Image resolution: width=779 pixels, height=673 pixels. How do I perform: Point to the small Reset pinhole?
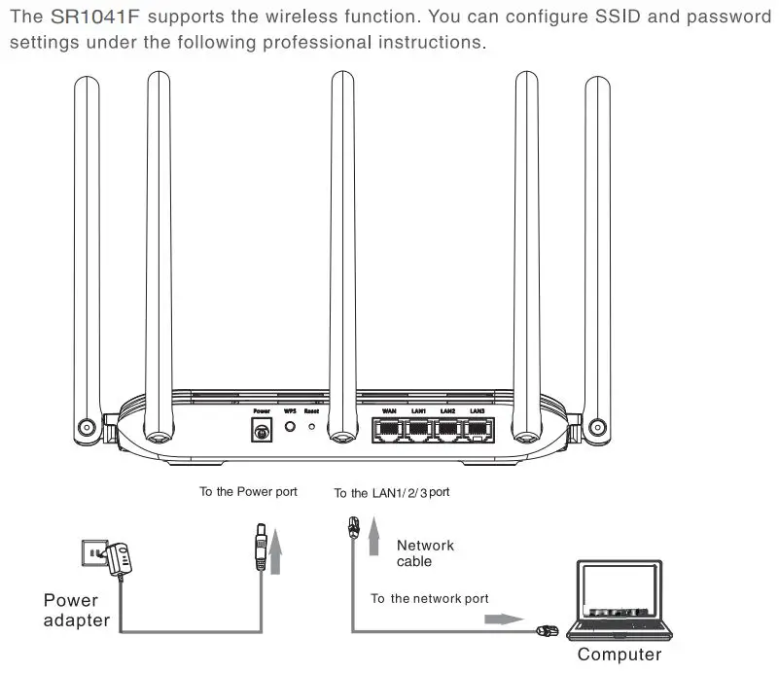(x=311, y=429)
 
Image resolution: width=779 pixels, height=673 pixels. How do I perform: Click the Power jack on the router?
(x=261, y=431)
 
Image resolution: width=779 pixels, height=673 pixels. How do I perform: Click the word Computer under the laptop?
(x=620, y=655)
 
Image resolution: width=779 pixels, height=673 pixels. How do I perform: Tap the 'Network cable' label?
(x=425, y=553)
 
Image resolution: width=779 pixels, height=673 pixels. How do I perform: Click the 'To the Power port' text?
(x=248, y=492)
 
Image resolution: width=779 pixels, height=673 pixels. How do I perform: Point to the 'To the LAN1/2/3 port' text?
(x=391, y=493)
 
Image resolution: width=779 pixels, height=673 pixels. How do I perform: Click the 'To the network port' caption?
(x=429, y=598)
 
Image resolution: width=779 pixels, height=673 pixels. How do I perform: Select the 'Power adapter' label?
(x=77, y=610)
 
